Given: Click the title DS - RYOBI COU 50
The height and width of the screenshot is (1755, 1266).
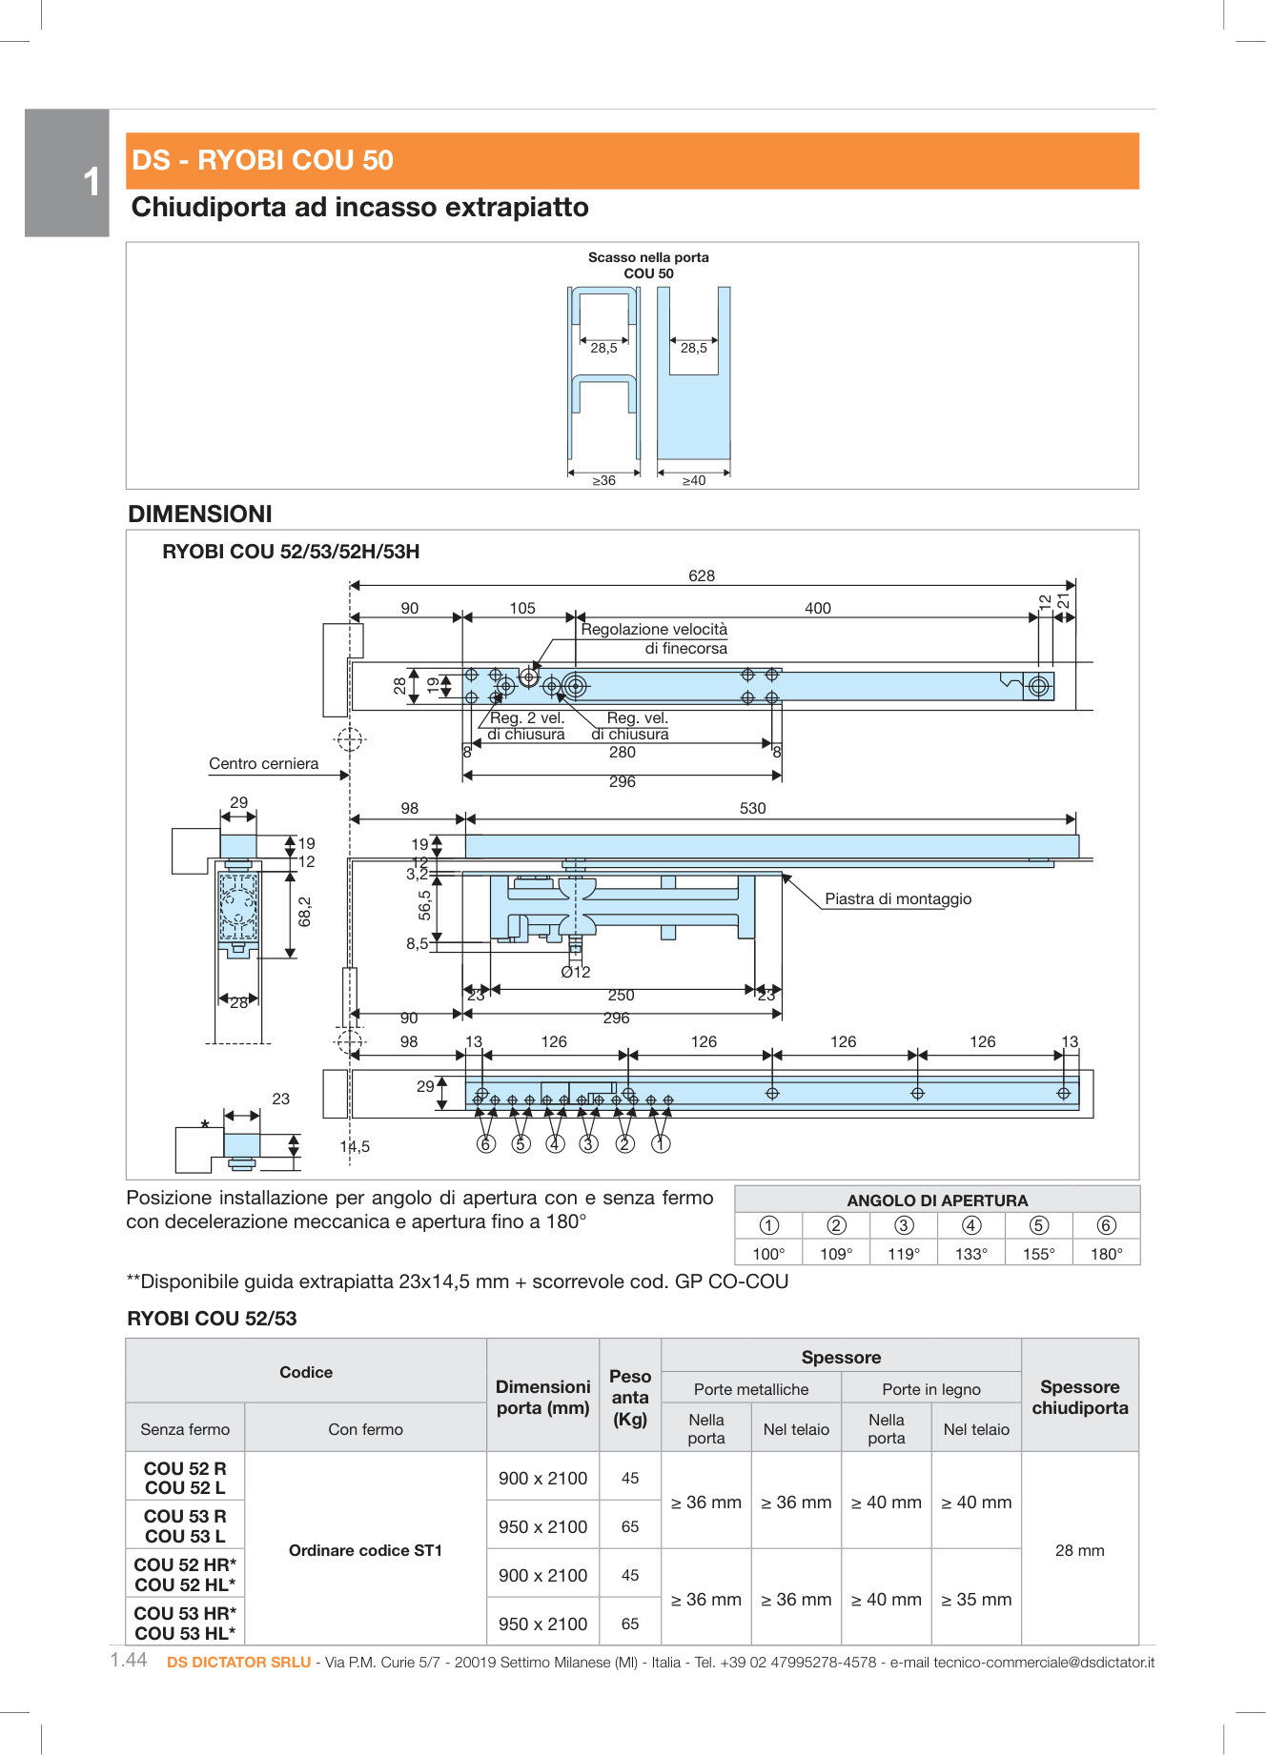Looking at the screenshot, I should pyautogui.click(x=262, y=160).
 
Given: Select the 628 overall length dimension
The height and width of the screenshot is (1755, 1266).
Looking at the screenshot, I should pyautogui.click(x=702, y=575).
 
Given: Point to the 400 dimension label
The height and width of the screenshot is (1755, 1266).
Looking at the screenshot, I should pyautogui.click(x=817, y=608).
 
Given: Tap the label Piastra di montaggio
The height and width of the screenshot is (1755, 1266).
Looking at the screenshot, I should pyautogui.click(x=898, y=898).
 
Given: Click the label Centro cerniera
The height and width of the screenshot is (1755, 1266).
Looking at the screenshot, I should pyautogui.click(x=263, y=763).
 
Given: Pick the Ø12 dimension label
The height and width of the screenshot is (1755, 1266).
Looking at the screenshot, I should pyautogui.click(x=576, y=972).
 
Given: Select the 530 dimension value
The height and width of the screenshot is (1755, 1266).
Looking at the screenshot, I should pyautogui.click(x=752, y=808).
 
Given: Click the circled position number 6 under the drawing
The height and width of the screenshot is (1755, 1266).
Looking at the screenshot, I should pyautogui.click(x=486, y=1143).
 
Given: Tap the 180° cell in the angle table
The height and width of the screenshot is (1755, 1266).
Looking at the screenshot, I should pyautogui.click(x=1106, y=1254).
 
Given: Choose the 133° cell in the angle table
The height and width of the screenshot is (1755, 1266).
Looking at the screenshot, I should pyautogui.click(x=970, y=1254).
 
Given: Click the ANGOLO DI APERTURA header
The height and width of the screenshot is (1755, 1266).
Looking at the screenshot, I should pyautogui.click(x=937, y=1200).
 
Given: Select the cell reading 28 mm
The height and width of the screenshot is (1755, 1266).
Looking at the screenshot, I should pyautogui.click(x=1079, y=1550).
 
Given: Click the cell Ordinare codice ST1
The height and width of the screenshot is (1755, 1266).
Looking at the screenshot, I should pyautogui.click(x=365, y=1550).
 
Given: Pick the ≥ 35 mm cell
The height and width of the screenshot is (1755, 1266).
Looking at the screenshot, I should pyautogui.click(x=976, y=1599).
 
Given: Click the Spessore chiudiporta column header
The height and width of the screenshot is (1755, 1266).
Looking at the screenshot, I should pyautogui.click(x=1079, y=1397).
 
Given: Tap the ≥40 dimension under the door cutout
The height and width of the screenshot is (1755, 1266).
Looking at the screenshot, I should pyautogui.click(x=694, y=480).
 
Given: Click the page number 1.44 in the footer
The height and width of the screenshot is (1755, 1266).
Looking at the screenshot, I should pyautogui.click(x=129, y=1660).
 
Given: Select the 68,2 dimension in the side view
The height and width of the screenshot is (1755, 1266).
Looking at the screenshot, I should pyautogui.click(x=304, y=911).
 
